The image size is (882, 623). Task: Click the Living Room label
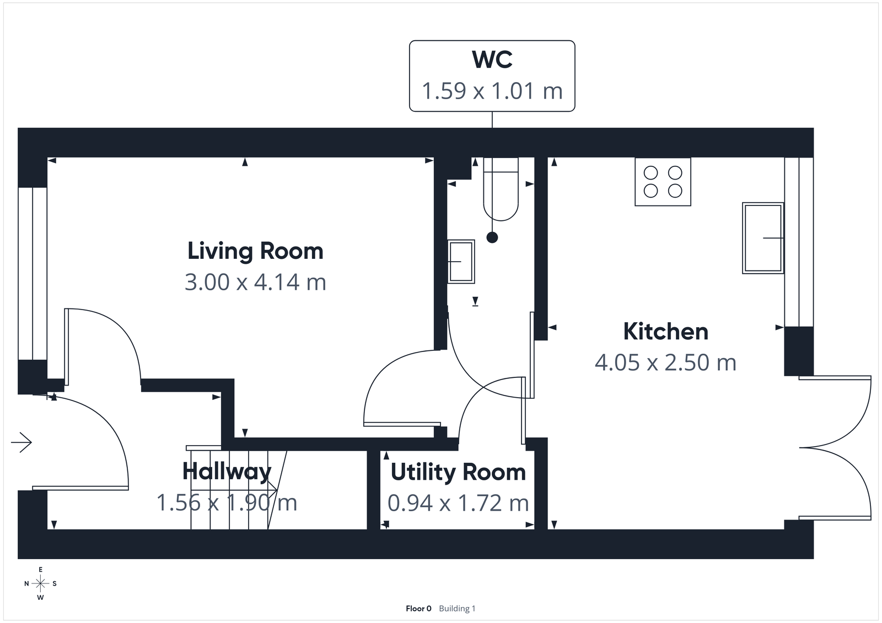(x=255, y=251)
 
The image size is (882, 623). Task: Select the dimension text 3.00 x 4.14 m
(x=255, y=282)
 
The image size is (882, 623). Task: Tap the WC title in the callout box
(x=492, y=59)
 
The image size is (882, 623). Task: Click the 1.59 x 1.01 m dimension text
(x=492, y=91)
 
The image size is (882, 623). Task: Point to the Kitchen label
(x=665, y=332)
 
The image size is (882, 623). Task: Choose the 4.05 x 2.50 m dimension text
(x=665, y=362)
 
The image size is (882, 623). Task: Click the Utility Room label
(x=458, y=472)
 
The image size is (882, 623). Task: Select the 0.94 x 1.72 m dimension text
(x=458, y=503)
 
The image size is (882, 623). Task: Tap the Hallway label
(x=227, y=472)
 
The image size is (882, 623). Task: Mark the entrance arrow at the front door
(x=22, y=442)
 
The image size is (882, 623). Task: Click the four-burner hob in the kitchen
(x=663, y=182)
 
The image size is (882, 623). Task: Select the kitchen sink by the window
(x=763, y=238)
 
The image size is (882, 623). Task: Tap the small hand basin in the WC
(x=460, y=262)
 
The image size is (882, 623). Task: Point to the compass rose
(x=40, y=583)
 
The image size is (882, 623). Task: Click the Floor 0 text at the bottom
(x=418, y=609)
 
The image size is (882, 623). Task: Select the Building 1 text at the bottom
(x=457, y=609)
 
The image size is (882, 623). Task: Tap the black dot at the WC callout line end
(x=492, y=237)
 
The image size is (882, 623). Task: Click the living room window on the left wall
(x=33, y=274)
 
